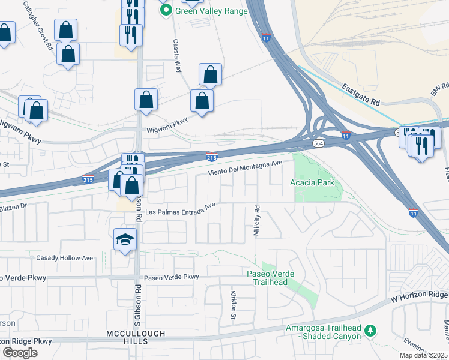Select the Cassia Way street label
point(178,56)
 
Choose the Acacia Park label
point(312,182)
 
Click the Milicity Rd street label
point(256,221)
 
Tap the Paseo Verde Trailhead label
point(271,278)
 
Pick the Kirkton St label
point(233,304)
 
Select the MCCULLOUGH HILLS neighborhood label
point(127,337)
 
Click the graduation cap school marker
point(125,240)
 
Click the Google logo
point(20,352)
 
